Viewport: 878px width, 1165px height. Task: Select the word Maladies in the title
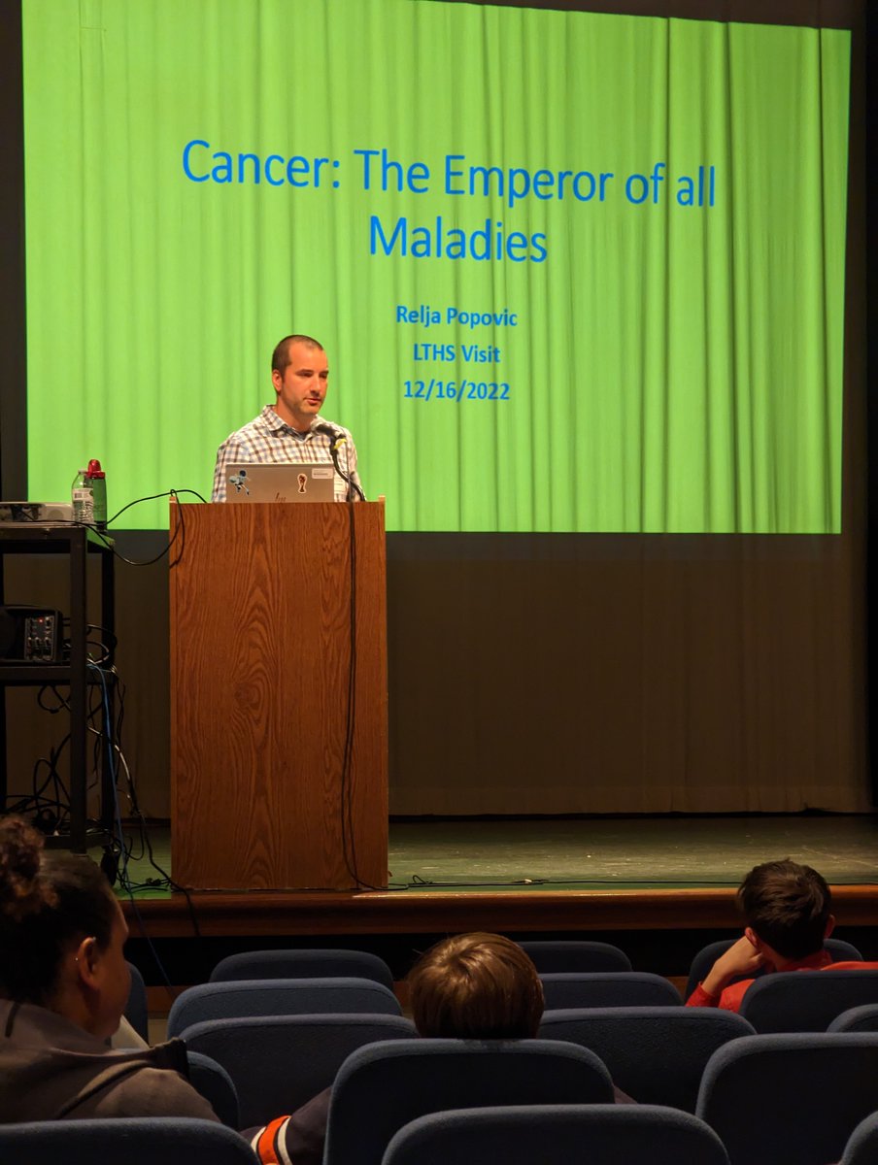(x=457, y=239)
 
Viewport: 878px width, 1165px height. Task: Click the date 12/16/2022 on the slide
(x=456, y=390)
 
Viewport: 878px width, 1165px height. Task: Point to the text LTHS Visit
(x=456, y=353)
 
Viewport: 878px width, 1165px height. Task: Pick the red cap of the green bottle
(x=95, y=469)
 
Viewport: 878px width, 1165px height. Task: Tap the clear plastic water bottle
(x=82, y=497)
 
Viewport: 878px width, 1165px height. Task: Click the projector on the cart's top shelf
(x=34, y=512)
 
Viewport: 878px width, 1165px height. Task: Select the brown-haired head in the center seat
(x=475, y=985)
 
